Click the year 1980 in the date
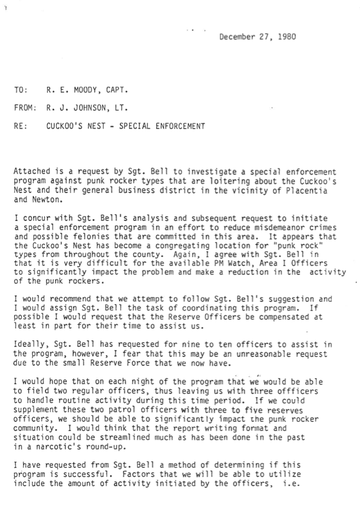coord(287,37)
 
